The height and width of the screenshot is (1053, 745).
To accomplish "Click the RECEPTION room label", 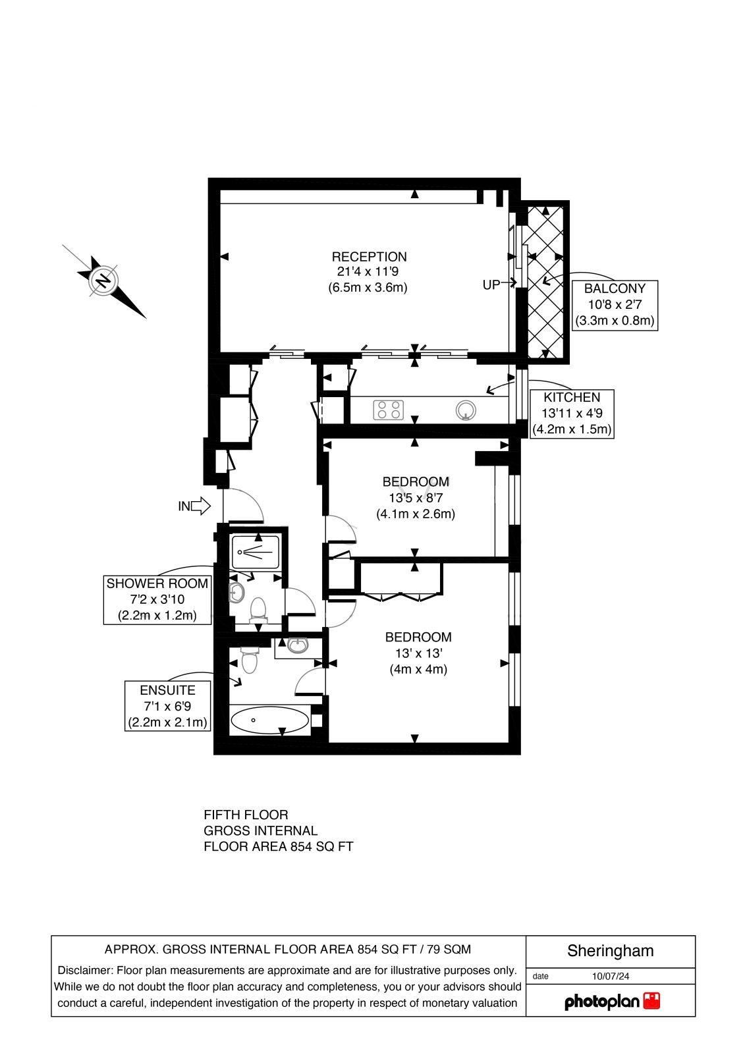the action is [370, 257].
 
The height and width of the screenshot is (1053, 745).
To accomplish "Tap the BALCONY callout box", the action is [615, 306].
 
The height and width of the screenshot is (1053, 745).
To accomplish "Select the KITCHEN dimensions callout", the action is [572, 414].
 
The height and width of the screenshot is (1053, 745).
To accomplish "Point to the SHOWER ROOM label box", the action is [157, 600].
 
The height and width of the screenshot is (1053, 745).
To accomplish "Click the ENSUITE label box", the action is [167, 706].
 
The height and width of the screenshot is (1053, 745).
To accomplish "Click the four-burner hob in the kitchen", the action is [389, 410].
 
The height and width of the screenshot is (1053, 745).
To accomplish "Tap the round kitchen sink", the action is [466, 410].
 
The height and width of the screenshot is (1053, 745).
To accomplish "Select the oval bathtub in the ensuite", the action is [270, 720].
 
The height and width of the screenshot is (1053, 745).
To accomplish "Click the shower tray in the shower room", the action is [256, 553].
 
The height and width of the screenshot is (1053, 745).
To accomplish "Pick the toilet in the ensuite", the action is [249, 660].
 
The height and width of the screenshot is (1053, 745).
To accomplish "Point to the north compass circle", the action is [103, 281].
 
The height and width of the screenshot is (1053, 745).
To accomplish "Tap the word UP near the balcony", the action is [491, 285].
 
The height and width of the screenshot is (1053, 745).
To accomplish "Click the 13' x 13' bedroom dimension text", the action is [418, 653].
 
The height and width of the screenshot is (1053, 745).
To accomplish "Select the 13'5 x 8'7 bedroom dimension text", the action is [416, 498].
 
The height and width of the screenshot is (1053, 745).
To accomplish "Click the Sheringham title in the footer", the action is [611, 951].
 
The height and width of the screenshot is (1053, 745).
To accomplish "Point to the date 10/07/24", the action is [611, 977].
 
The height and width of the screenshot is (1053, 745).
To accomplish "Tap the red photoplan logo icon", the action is [652, 1001].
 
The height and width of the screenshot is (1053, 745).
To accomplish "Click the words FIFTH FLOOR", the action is [246, 815].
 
